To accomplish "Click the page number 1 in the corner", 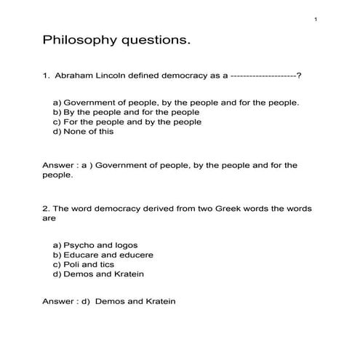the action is point(316,18).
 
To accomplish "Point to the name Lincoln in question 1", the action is point(113,75).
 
